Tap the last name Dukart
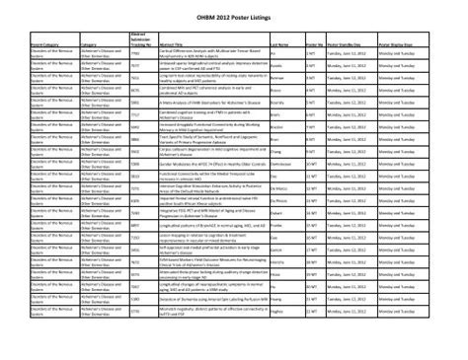[x=277, y=206]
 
